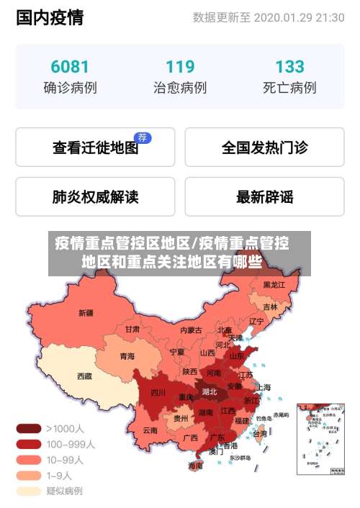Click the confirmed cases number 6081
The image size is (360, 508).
pos(70,67)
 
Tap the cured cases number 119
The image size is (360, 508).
pos(180,67)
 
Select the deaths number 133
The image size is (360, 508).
pos(289,67)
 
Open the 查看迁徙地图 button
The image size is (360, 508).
pos(95,148)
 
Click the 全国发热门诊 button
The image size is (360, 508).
pos(264,148)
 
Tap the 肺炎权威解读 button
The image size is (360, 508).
pos(95,196)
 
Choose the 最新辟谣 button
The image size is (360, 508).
pos(264,196)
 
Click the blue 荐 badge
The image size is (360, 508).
pos(143,137)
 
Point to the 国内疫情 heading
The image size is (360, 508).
pos(49,18)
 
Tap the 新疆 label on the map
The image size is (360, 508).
pos(86,313)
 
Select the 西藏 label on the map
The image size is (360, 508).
pos(84,376)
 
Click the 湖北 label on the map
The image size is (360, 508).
pos(210,392)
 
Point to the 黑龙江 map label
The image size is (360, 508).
pos(274,285)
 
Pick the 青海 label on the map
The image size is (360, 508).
pos(127,355)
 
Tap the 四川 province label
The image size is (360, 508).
pos(158,393)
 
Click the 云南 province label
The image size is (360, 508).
pos(150,430)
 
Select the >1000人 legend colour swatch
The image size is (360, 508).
pos(29,428)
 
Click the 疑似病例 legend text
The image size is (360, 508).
pos(65,491)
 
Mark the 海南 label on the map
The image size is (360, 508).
pos(195,466)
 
